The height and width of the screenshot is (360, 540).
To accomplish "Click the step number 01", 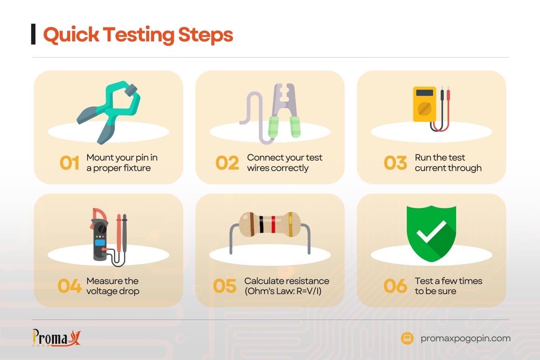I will [x=69, y=163].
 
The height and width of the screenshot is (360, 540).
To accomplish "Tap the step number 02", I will [x=227, y=163].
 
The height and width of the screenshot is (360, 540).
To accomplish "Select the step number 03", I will [x=395, y=163].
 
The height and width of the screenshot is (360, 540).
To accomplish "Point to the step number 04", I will [x=69, y=286].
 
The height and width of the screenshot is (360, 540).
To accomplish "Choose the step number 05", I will [x=225, y=286].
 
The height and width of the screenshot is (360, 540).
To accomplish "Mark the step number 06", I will [x=395, y=286].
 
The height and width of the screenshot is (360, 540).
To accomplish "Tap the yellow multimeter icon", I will [x=425, y=104].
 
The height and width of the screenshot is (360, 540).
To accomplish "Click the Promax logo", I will [x=57, y=338].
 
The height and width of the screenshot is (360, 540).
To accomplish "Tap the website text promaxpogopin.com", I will [x=465, y=338].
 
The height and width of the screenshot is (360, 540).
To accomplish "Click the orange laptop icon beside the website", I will [x=407, y=338].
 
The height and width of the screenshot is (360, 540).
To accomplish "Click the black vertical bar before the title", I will [x=33, y=34].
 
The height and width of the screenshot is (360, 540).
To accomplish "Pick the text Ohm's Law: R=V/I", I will [x=283, y=291].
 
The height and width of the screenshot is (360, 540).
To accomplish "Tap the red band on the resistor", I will [x=273, y=225].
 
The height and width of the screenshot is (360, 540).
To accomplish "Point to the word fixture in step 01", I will [x=136, y=168].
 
